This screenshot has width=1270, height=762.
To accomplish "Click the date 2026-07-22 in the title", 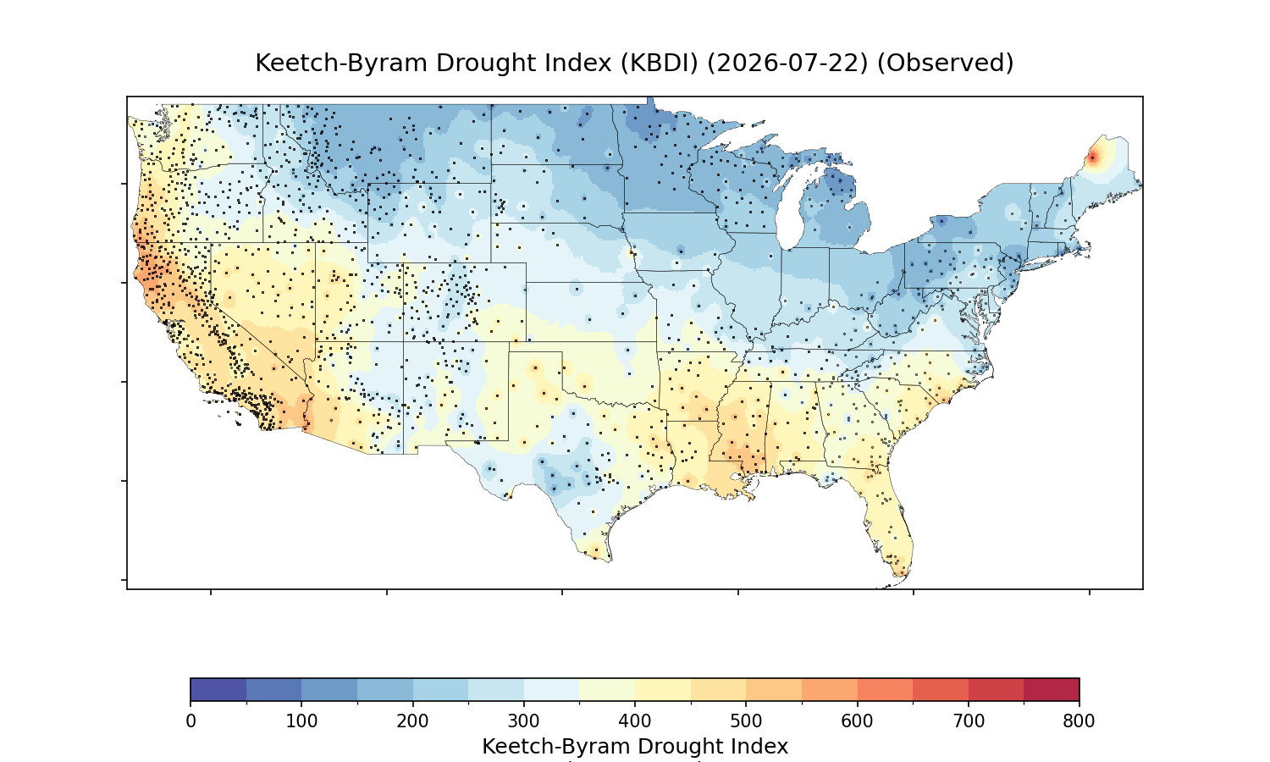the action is coord(787,63).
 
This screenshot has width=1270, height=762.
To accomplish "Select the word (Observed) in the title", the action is coord(945,63).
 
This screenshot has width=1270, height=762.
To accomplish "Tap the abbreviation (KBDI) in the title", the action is coord(660,63).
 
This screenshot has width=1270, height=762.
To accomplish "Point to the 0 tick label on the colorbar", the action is coord(191,721).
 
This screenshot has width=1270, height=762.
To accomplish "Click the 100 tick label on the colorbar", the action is coord(301,721).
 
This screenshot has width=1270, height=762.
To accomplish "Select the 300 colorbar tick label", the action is coord(524,721).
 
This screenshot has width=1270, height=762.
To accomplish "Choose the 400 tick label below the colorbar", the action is coord(635,721).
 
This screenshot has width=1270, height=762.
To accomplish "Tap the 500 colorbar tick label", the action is coord(746,721).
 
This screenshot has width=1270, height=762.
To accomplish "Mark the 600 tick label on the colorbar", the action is coord(857,721).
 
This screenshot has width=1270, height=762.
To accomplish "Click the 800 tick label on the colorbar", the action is coord(1079,721).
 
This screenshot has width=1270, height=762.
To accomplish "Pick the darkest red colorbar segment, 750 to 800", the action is coord(1052,689).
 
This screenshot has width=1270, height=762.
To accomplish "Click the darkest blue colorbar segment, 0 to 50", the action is coord(218,689).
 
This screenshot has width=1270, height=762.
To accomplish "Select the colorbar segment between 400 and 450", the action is coord(663,689).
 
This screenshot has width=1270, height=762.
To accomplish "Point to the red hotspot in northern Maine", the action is coord(1092,157).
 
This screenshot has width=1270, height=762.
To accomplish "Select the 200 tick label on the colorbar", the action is coord(413,721).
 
